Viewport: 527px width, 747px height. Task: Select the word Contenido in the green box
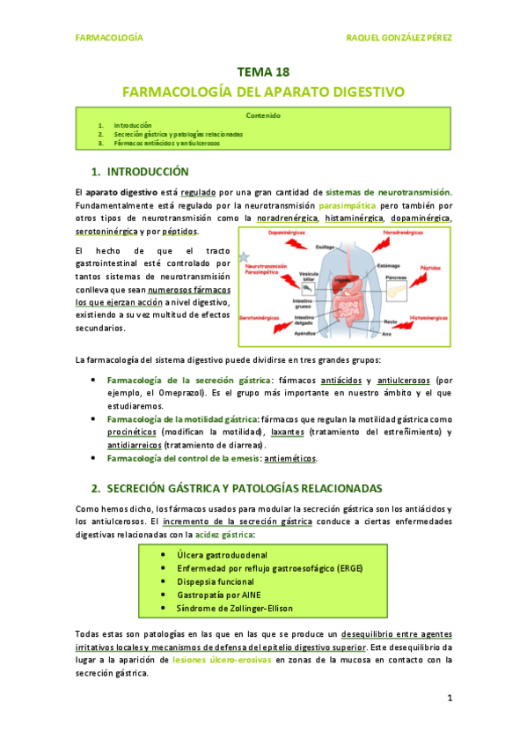[x=263, y=115]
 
